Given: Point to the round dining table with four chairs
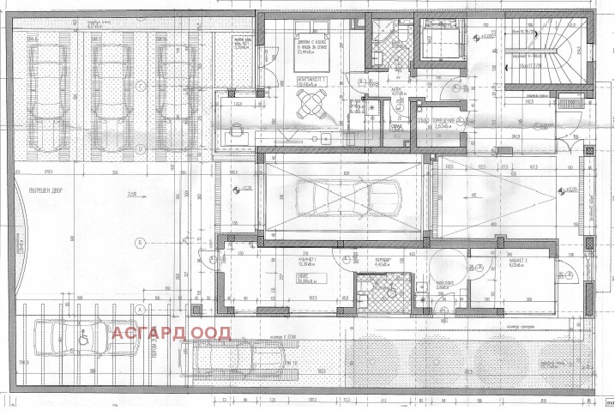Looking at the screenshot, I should [x=310, y=106].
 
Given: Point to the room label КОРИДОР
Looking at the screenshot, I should [x=383, y=260].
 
